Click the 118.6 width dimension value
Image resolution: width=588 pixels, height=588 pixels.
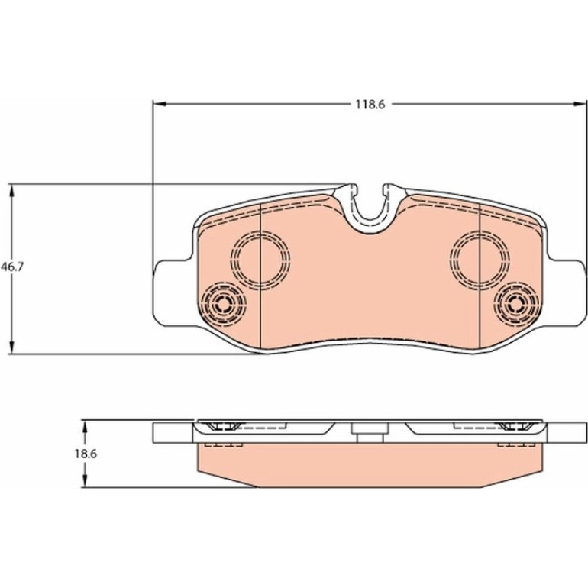click(370, 105)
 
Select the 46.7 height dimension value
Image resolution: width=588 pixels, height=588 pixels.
click(12, 267)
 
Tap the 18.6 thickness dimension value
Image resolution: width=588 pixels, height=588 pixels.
click(86, 454)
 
